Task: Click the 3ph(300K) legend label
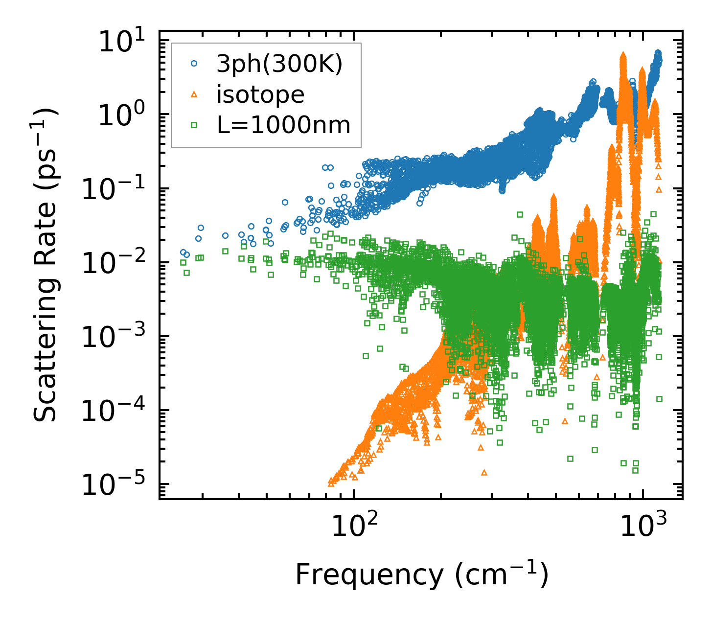tap(279, 64)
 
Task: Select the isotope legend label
tap(260, 94)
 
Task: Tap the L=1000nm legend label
tap(284, 125)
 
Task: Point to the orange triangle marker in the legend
tap(194, 94)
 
